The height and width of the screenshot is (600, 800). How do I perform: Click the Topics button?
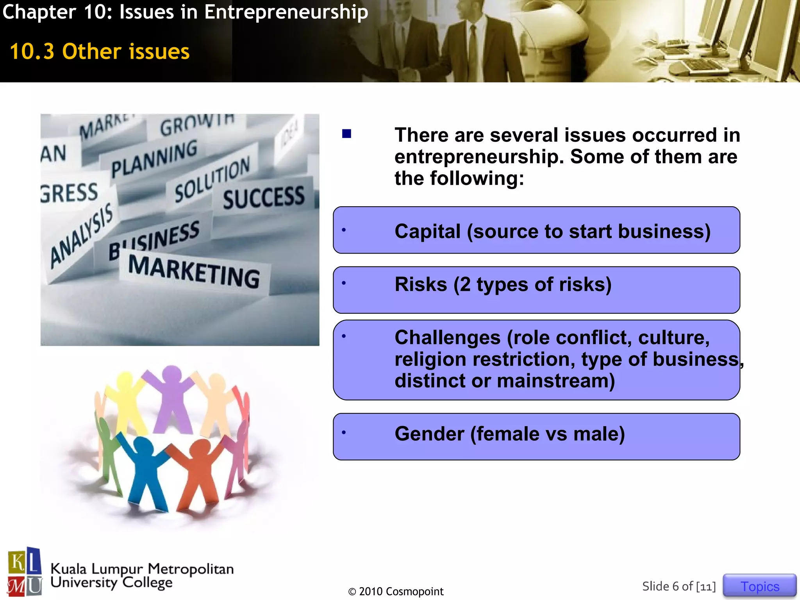759,586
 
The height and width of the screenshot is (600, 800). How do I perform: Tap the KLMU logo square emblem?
25,572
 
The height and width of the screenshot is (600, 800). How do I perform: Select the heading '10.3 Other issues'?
100,52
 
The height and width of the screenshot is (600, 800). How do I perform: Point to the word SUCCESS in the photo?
264,197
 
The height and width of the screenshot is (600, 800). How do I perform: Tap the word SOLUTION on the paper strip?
212,179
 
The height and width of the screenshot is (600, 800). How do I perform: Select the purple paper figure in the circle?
171,398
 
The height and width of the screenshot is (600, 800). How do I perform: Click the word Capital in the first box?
428,231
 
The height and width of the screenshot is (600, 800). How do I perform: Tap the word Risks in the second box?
421,284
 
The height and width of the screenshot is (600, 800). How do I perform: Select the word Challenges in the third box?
447,337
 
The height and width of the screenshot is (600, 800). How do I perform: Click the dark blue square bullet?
346,134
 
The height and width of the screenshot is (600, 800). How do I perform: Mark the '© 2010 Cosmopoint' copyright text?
396,591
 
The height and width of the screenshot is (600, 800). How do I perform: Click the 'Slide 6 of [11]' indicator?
679,586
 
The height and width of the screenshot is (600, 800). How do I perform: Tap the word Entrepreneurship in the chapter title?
286,12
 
